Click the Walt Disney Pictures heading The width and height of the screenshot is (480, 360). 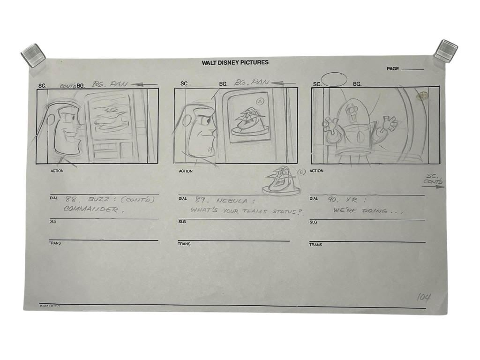(235, 62)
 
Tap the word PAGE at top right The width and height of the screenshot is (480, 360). (393, 69)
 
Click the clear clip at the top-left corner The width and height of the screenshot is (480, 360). (33, 54)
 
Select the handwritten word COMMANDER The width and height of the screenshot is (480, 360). (91, 210)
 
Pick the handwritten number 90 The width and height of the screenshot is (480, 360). (333, 199)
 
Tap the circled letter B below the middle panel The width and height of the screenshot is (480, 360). (301, 172)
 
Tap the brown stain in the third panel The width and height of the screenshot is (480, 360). (423, 96)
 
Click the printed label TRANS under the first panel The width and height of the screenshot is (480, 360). (55, 243)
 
